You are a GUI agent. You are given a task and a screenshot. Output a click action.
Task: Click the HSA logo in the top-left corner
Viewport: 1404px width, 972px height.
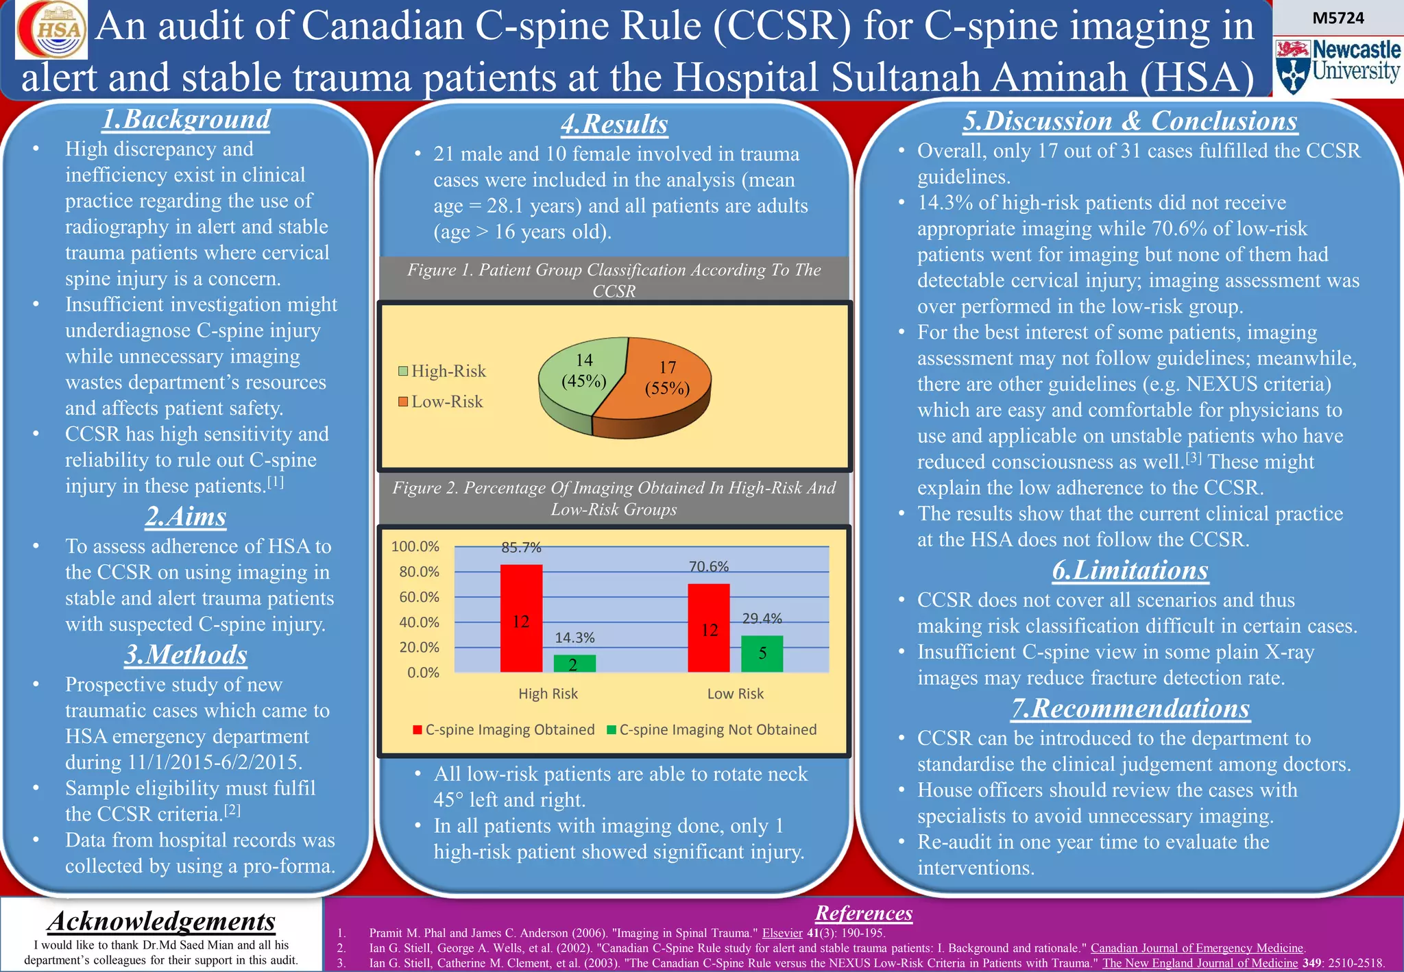click(x=51, y=29)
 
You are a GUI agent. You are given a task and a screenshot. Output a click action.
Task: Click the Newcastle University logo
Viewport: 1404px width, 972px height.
click(x=1338, y=66)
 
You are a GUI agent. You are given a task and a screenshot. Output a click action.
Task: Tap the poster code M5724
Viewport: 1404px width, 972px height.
click(x=1338, y=19)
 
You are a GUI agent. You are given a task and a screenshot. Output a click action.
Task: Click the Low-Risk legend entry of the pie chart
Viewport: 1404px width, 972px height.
click(x=440, y=402)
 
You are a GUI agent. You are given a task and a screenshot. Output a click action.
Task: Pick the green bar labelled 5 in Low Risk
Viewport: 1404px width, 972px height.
click(x=762, y=653)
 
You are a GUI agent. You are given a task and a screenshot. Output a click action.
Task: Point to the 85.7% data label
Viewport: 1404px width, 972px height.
click(x=521, y=548)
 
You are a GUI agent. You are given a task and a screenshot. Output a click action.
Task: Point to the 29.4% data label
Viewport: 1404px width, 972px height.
click(x=762, y=618)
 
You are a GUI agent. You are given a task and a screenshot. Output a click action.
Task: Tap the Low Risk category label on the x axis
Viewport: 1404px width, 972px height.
click(x=735, y=694)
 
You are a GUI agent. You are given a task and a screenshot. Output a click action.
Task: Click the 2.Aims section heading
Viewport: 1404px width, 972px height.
click(x=185, y=516)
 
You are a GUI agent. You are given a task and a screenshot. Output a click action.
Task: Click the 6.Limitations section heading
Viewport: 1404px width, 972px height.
click(x=1130, y=570)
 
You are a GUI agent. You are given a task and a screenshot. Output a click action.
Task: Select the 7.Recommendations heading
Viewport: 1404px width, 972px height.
click(x=1130, y=708)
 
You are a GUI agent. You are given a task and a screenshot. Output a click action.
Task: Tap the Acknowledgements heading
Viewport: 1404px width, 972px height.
click(x=162, y=921)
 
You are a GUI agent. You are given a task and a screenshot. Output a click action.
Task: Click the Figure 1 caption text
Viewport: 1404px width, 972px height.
click(x=614, y=280)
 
